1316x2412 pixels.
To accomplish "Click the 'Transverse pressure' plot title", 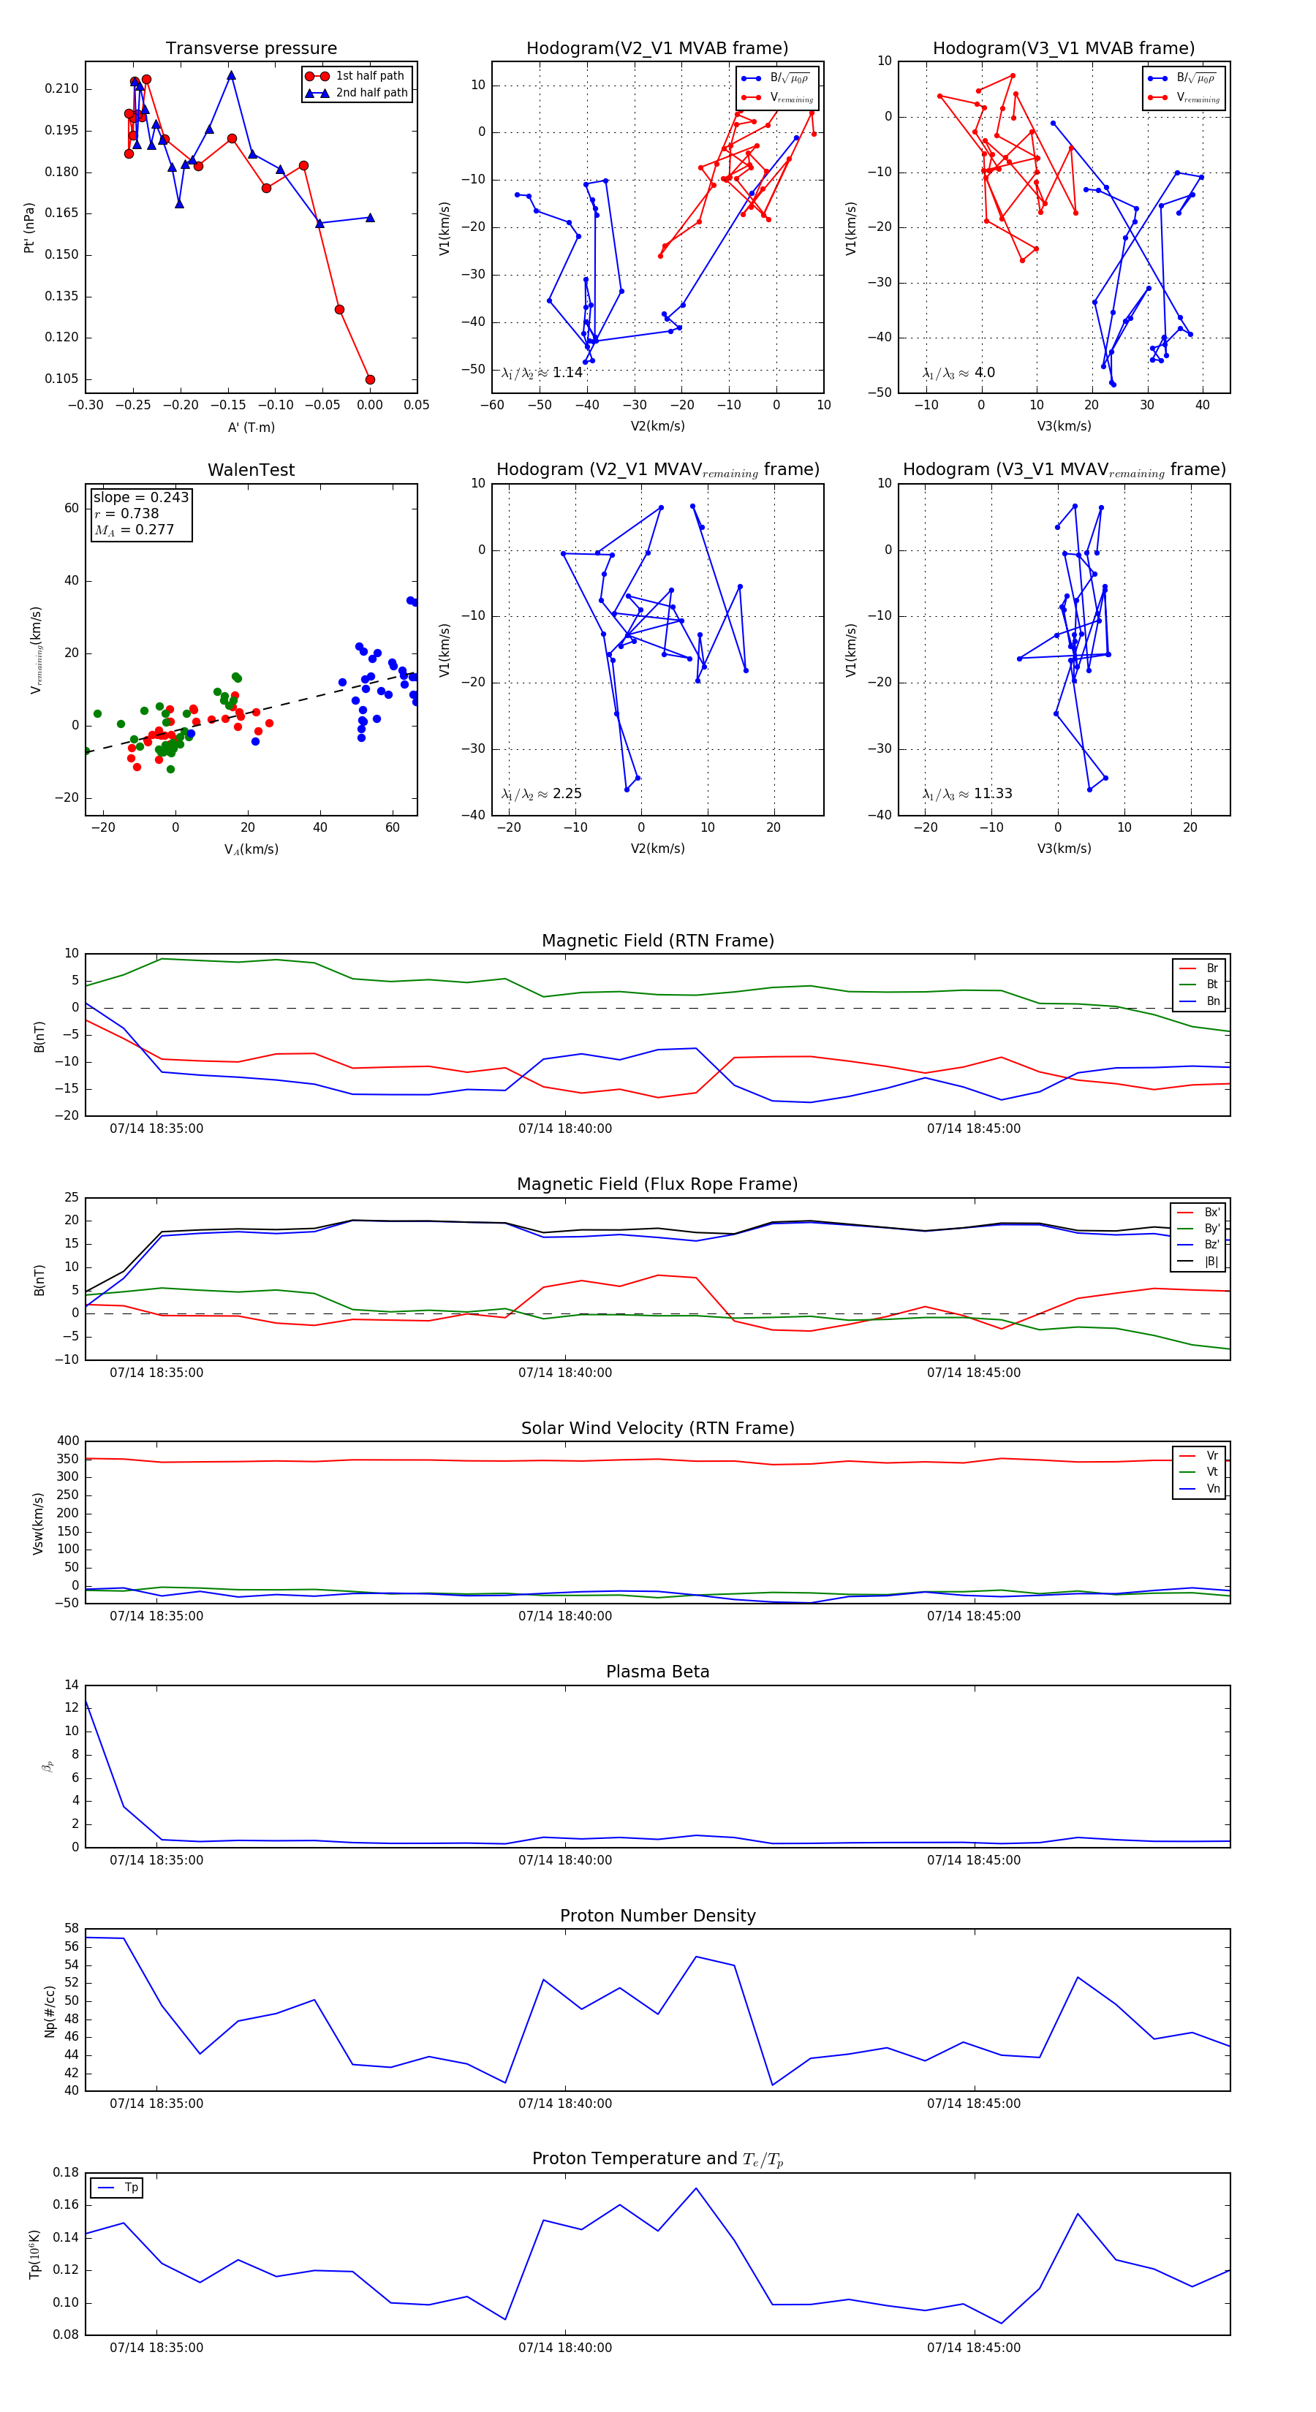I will (x=251, y=49).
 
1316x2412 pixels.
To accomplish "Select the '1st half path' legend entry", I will (x=369, y=76).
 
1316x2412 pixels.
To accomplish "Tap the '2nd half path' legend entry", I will (x=371, y=93).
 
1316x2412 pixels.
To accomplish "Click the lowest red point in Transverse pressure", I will (x=370, y=379).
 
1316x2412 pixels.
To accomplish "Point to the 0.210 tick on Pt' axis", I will (x=62, y=89).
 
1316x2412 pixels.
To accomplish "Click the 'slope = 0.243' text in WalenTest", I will (x=140, y=497).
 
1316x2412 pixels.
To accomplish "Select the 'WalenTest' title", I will (x=251, y=470).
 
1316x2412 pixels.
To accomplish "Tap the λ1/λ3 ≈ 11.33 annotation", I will (x=967, y=794).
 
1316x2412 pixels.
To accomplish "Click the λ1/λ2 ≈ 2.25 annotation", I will (x=541, y=794).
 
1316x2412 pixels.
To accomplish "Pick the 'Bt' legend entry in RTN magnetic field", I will (x=1211, y=984).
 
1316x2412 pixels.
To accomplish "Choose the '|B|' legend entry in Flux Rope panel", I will (x=1210, y=1262).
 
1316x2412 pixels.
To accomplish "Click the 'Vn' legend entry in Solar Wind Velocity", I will (x=1212, y=1489).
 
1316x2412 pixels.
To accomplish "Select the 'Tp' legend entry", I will (x=130, y=2188).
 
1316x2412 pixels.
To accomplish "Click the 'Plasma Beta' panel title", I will (x=657, y=1672).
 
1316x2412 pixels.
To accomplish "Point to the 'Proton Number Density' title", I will (x=657, y=1916).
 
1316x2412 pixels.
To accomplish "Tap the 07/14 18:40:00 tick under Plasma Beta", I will (x=565, y=1859).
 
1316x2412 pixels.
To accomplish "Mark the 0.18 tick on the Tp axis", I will (x=66, y=2172).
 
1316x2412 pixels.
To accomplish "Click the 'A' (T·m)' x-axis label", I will (x=251, y=428).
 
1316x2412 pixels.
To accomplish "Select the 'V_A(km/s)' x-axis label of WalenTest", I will (x=251, y=849).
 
